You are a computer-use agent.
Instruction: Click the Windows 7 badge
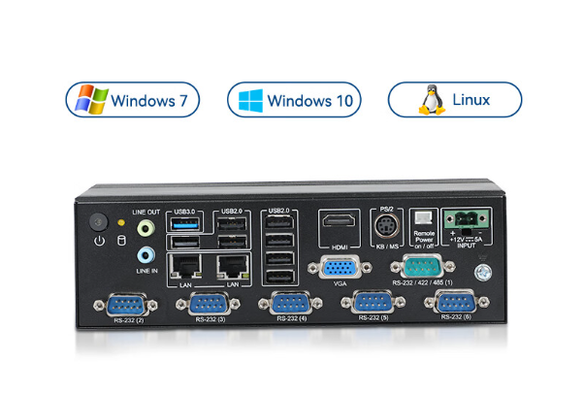pos(134,100)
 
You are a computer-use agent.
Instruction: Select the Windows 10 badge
pos(294,100)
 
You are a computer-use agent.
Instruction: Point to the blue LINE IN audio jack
pos(146,255)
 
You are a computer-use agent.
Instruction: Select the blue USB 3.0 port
pos(184,226)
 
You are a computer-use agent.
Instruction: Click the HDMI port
pos(340,225)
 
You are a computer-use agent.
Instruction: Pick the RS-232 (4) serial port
pos(290,305)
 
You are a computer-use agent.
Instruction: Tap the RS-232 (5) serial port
pos(373,304)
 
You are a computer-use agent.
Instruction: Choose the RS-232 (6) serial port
pos(454,303)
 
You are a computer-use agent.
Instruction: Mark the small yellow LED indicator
pos(121,222)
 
